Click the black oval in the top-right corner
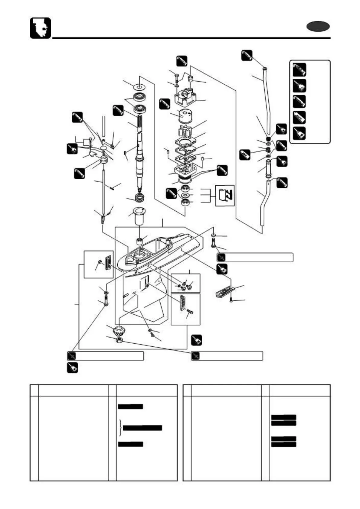pos(318,27)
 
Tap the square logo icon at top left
pos(40,28)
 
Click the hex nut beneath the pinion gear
pos(119,341)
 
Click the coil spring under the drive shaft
pos(140,199)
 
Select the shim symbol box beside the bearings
pos(225,196)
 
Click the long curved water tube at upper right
pos(266,100)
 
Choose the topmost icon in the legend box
pos(299,70)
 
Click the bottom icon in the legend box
pos(299,133)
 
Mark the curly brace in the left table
pos(121,428)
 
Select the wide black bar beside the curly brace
pos(142,428)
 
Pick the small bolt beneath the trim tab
pos(232,300)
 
